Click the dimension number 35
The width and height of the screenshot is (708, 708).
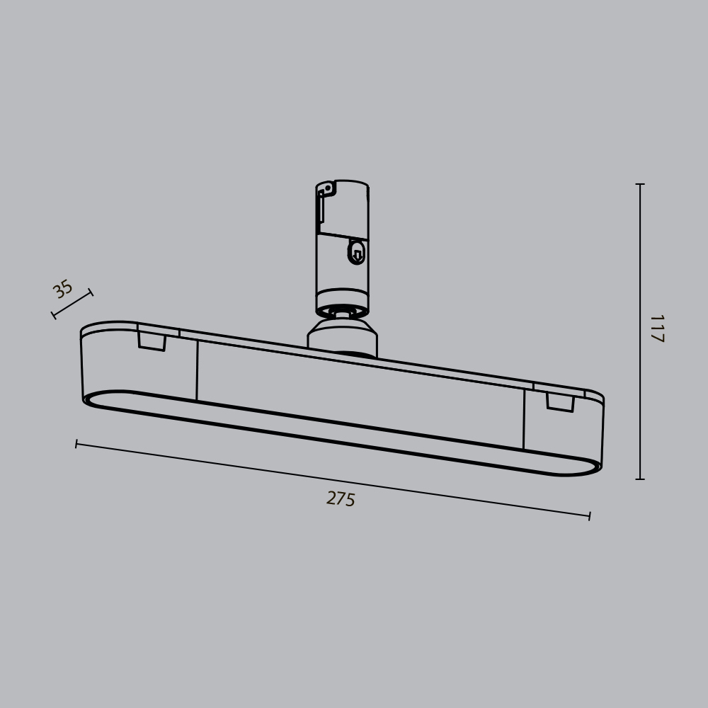pyautogui.click(x=63, y=289)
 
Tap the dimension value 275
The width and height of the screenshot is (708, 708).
pyautogui.click(x=341, y=499)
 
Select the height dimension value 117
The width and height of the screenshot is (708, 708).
pyautogui.click(x=656, y=329)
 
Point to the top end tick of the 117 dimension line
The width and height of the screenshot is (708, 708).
pyautogui.click(x=640, y=184)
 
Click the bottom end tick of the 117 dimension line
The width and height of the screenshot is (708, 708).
pyautogui.click(x=640, y=479)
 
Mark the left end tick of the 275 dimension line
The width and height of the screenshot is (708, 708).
pyautogui.click(x=76, y=444)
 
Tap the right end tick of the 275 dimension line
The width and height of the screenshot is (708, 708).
pyautogui.click(x=589, y=516)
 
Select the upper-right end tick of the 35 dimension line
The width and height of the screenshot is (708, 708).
pyautogui.click(x=91, y=292)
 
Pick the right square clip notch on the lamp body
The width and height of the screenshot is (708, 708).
pyautogui.click(x=560, y=403)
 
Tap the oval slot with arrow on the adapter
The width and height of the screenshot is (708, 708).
pyautogui.click(x=357, y=252)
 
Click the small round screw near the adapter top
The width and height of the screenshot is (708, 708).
pyautogui.click(x=328, y=188)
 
